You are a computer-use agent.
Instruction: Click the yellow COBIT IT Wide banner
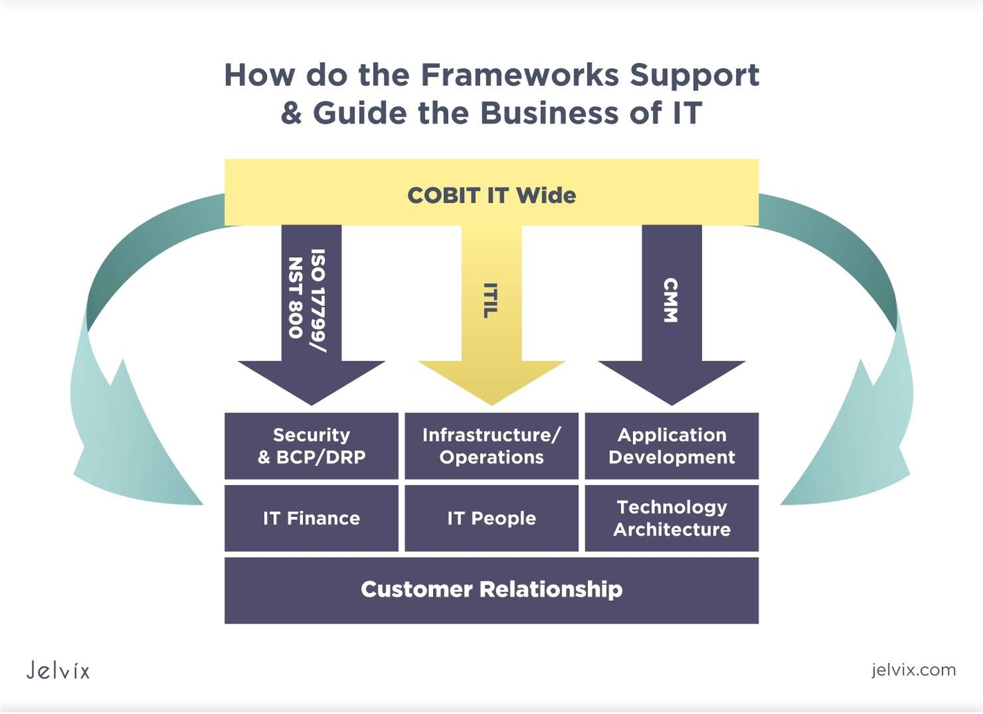coord(491,194)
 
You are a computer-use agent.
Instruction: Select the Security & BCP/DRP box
coord(311,446)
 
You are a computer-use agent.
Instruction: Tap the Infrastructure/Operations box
coord(491,446)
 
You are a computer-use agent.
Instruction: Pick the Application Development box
coord(672,446)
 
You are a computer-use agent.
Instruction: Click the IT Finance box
coord(311,518)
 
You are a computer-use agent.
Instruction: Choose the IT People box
coord(491,518)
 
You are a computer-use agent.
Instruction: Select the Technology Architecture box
coord(672,518)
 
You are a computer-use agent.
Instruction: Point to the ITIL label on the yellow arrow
coord(490,300)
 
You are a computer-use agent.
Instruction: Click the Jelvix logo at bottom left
coord(58,670)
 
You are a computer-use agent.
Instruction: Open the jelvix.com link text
coord(913,670)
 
